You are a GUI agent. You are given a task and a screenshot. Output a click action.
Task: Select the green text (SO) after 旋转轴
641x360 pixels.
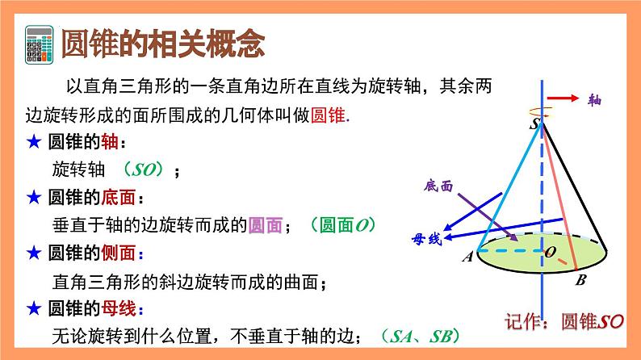(146, 170)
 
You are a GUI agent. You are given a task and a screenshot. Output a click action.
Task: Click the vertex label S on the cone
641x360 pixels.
(534, 124)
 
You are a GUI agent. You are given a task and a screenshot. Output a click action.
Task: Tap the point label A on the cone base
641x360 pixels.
(467, 257)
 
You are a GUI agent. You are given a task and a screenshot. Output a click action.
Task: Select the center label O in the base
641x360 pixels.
(550, 252)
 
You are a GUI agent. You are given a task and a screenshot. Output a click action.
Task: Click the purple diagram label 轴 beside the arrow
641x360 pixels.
(596, 100)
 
